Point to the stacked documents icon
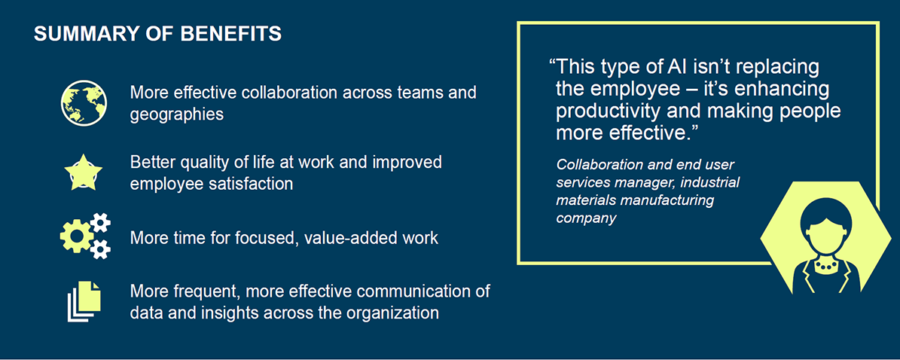(x=84, y=301)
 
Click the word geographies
(x=176, y=114)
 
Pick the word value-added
(x=326, y=239)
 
